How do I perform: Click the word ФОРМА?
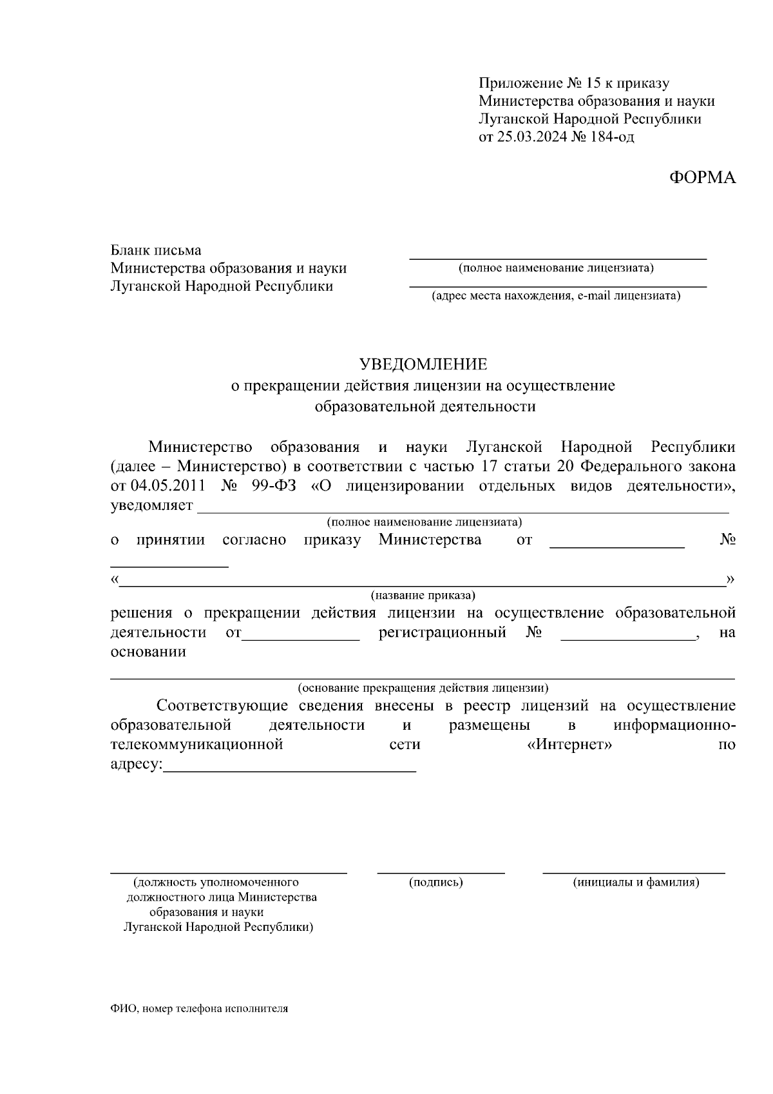point(701,178)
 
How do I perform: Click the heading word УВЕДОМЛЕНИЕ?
point(423,364)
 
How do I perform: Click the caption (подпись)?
point(436,882)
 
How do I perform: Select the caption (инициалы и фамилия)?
point(636,882)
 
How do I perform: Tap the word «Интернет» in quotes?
point(565,745)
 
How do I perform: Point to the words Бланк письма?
point(156,250)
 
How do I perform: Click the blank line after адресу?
point(290,770)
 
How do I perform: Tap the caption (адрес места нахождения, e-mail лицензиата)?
point(556,296)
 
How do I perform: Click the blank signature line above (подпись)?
point(441,872)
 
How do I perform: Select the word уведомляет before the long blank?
point(151,505)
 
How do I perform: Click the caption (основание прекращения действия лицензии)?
point(423,688)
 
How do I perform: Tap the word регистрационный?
point(442,632)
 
